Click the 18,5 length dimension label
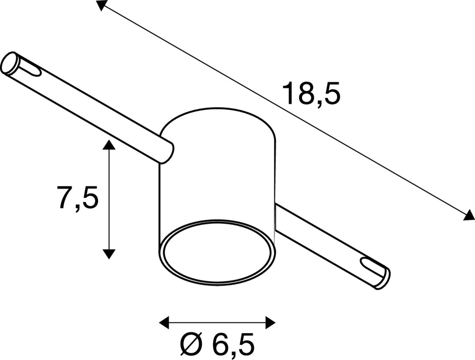311,93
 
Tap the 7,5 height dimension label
78,198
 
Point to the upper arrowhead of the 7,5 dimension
109,145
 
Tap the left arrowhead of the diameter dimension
164,322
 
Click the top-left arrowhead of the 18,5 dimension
102,5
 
